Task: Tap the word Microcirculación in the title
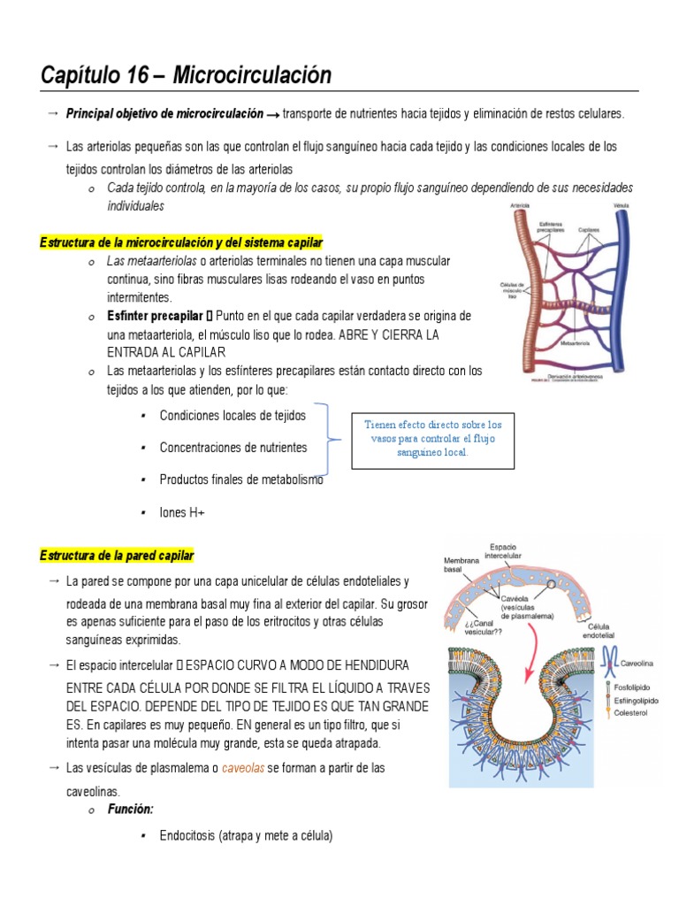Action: pyautogui.click(x=252, y=76)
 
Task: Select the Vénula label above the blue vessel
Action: pyautogui.click(x=622, y=205)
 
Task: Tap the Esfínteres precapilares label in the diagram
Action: pyautogui.click(x=551, y=228)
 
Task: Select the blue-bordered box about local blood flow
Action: pyautogui.click(x=432, y=438)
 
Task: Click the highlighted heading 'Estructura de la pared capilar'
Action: pyautogui.click(x=117, y=556)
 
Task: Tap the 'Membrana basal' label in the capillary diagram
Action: pyautogui.click(x=461, y=564)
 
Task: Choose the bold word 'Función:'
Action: pyautogui.click(x=131, y=809)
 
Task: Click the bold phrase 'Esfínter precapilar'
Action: pyautogui.click(x=155, y=316)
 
